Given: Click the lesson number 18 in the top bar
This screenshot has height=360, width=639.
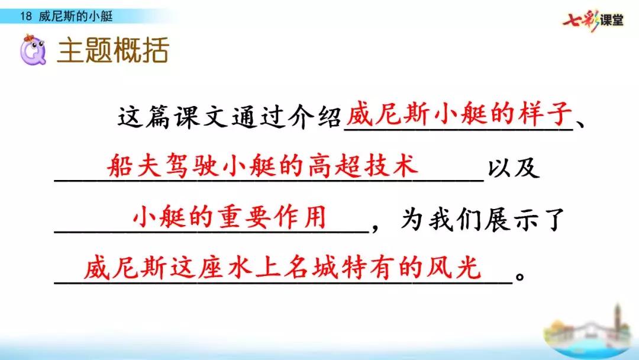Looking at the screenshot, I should [x=25, y=17].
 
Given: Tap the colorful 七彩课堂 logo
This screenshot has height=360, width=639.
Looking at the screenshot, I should [x=593, y=21].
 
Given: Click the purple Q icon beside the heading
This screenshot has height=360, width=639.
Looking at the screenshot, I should [x=33, y=52].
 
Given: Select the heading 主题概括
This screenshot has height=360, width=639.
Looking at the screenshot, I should [x=113, y=52].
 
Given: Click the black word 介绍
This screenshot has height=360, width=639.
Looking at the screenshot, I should [x=310, y=118].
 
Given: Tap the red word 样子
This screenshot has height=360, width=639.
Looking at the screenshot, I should [x=541, y=114].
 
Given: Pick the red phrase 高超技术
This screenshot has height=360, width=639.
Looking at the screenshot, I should [x=361, y=165].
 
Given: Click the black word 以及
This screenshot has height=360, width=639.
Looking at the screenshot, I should [x=513, y=168].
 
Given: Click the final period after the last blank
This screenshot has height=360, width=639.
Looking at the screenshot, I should [x=520, y=277].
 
